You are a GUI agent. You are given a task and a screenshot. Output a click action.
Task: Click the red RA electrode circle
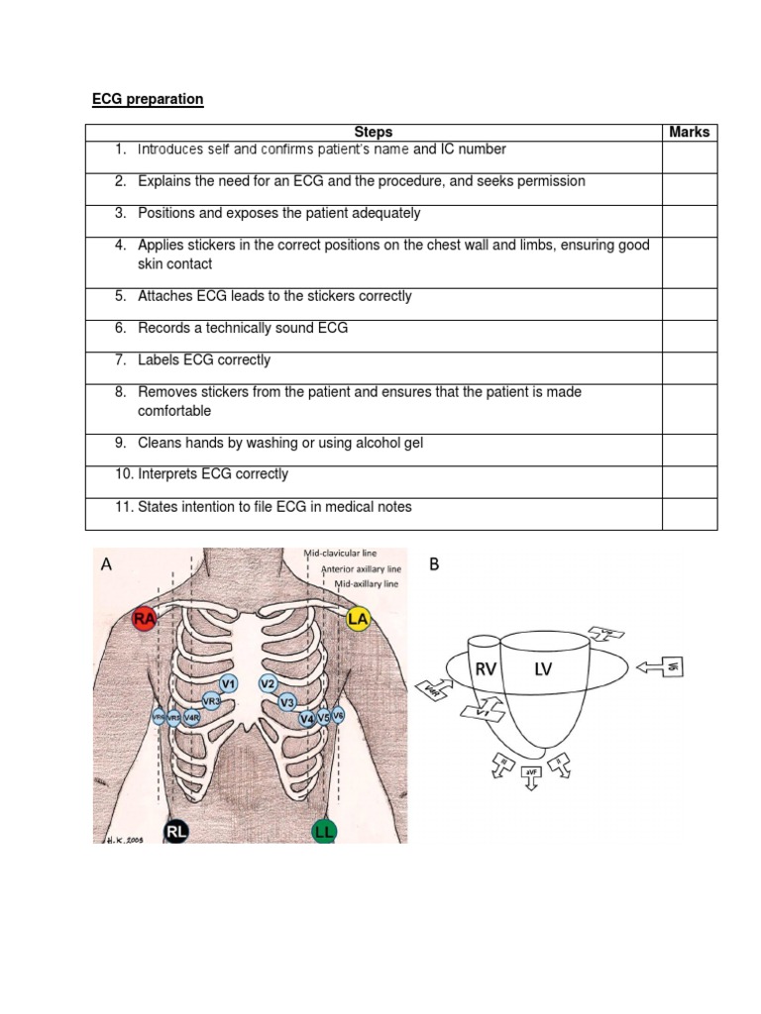pos(145,620)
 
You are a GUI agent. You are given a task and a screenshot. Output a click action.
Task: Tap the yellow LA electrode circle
pos(359,620)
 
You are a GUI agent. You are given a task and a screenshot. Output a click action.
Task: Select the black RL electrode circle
pos(176,832)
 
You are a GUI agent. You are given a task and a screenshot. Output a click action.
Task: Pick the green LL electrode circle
pos(324,832)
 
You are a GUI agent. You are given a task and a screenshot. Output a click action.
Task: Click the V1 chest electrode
pos(229,683)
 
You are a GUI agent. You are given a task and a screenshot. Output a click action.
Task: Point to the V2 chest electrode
pos(268,683)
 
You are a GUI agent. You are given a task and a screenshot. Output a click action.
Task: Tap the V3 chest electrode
pos(287,702)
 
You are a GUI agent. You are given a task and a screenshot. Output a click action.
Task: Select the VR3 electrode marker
pos(210,701)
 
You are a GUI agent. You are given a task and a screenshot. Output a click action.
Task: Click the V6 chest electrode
pos(338,715)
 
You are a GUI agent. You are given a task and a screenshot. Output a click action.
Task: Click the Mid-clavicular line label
pos(340,554)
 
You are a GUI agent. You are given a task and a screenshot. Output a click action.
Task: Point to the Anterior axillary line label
pos(361,569)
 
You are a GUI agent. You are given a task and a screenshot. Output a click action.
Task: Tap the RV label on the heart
pos(486,670)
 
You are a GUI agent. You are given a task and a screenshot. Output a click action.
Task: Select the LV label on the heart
pos(542,670)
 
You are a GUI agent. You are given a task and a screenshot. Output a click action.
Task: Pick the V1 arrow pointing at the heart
pos(482,710)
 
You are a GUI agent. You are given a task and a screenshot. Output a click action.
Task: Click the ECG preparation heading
pos(148,99)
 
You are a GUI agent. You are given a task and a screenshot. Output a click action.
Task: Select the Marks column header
pos(689,132)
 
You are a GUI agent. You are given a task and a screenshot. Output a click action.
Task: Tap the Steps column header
pos(374,132)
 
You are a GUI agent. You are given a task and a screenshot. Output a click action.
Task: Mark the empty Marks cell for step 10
pos(689,482)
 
